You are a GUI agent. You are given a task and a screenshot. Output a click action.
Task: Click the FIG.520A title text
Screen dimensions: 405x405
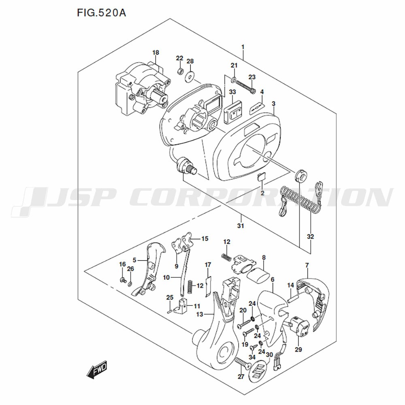(x=101, y=13)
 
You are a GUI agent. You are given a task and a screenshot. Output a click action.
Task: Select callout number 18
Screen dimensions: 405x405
(x=156, y=53)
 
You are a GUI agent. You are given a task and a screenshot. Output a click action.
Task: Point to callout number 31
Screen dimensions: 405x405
(x=241, y=226)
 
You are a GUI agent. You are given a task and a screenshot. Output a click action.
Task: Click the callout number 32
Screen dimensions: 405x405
(x=311, y=237)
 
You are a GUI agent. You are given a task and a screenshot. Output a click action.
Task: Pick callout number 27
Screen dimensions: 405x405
(x=241, y=377)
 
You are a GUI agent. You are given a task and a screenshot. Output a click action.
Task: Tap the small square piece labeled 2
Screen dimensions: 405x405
(x=261, y=177)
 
